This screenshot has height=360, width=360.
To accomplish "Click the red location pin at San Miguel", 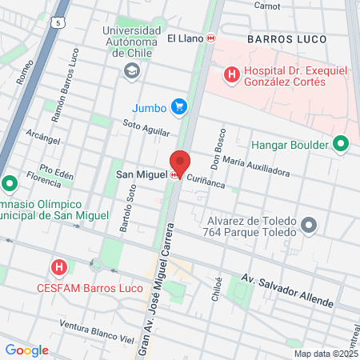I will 180,162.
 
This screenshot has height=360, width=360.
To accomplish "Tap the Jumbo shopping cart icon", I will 179,106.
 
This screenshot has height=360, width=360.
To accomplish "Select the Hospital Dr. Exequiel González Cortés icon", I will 232,75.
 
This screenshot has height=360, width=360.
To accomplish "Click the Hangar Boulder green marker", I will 342,145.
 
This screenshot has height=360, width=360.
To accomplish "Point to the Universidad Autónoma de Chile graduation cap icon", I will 130,72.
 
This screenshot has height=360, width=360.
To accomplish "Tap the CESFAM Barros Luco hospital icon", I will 58,266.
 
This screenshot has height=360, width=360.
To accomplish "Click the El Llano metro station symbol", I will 210,38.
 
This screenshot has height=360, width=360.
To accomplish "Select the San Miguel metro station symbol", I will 174,175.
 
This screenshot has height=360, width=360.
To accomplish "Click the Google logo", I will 26,350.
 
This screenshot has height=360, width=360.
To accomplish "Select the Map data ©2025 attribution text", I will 325,354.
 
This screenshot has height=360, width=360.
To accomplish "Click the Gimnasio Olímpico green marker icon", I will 10,185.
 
